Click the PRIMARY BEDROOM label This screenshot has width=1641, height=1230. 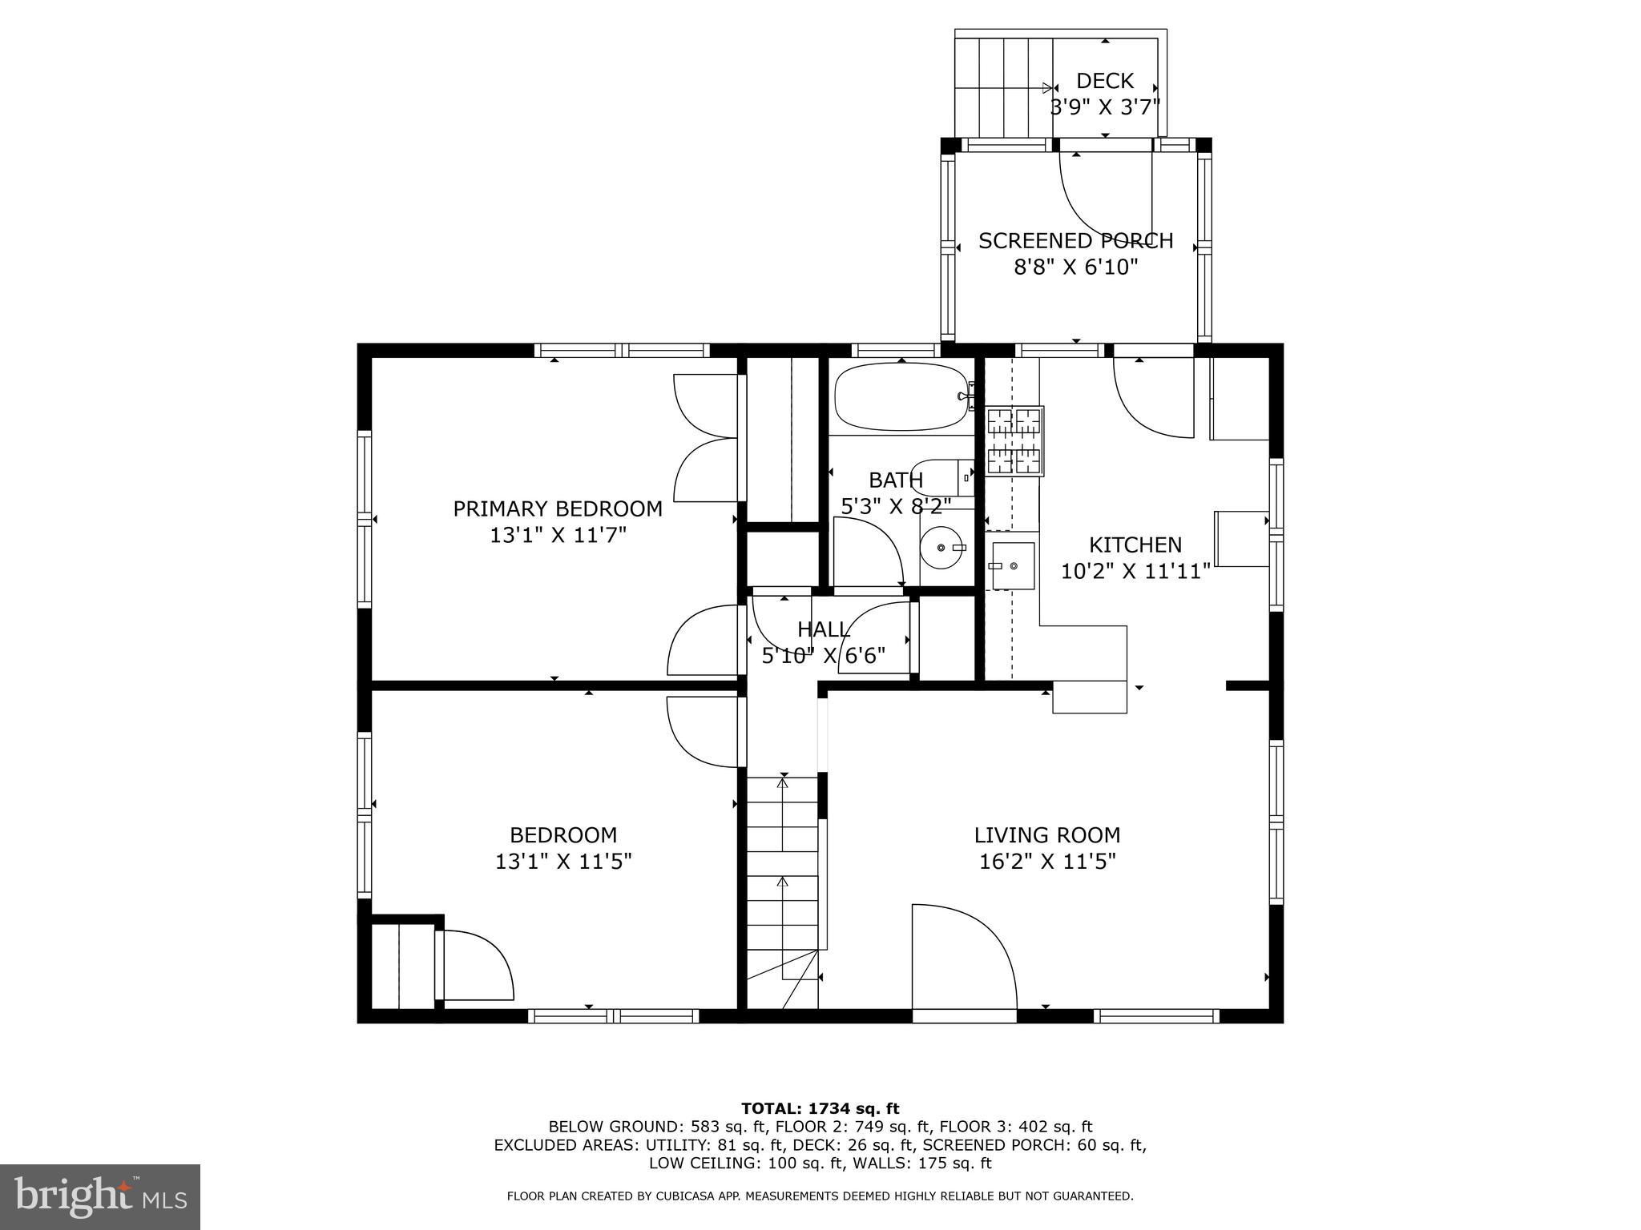point(558,509)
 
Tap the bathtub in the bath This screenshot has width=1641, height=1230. point(901,396)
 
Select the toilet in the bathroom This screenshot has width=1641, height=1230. point(941,477)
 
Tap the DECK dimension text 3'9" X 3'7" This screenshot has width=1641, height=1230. point(1105,107)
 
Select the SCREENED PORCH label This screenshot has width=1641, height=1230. point(1075,241)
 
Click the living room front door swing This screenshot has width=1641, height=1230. point(962,957)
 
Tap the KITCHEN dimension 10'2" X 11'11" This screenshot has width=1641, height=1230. point(1135,572)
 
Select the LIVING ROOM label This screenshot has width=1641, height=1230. point(1046,835)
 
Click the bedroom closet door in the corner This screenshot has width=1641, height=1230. point(477,965)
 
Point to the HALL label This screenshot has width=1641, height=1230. point(823,629)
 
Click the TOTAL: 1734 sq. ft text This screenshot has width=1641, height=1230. point(820,1109)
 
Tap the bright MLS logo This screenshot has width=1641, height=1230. point(100,1197)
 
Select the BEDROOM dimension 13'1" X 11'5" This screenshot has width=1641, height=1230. point(563,862)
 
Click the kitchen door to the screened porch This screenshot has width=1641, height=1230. point(1154,396)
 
